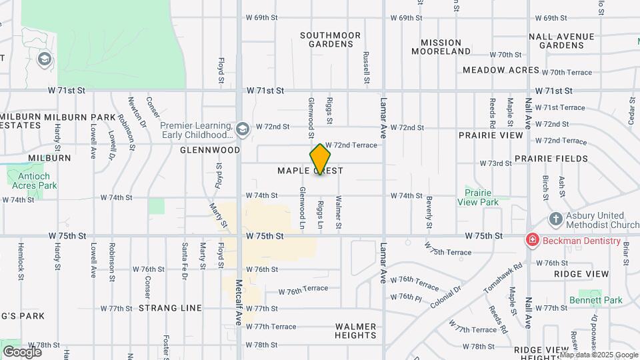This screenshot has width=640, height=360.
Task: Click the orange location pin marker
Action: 320,159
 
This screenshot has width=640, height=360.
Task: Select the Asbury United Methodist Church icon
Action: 555,219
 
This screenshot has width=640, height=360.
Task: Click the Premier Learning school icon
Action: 242,127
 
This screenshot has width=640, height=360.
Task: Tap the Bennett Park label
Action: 596,300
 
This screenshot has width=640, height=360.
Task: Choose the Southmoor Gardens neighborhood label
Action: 330,39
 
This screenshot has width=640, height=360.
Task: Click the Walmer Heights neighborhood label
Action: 356,331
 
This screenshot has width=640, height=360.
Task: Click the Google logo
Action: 21,351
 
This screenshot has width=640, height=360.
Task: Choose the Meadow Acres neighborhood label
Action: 501,70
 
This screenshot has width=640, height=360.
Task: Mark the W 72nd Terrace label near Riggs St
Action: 351,145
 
